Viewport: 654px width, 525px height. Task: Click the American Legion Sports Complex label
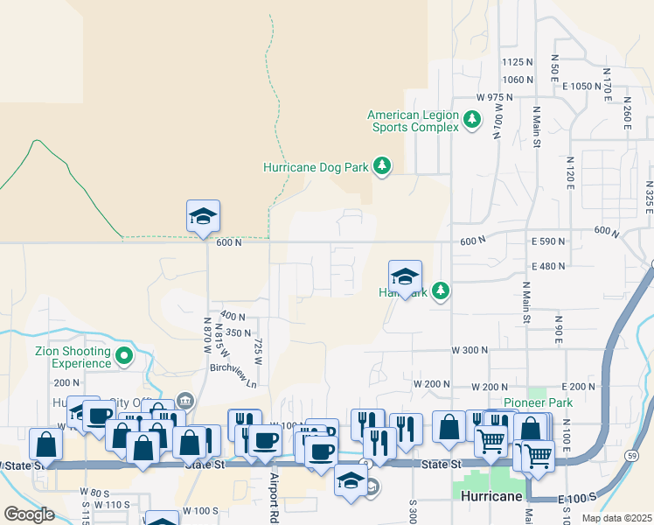point(413,121)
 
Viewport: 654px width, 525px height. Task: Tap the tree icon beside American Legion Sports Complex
point(472,118)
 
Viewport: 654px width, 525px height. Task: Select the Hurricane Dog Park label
point(316,166)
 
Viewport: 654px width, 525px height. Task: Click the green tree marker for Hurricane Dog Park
point(381,165)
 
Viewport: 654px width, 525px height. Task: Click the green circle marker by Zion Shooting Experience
point(124,356)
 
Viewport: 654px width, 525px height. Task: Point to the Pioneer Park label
point(536,403)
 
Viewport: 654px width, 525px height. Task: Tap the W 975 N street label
point(494,96)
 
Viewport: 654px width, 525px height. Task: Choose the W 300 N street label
point(470,350)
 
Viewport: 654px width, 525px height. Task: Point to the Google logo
point(29,514)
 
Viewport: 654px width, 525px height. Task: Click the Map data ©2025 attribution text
point(616,518)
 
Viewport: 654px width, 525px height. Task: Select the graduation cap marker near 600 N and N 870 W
point(203,217)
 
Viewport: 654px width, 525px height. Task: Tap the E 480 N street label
point(548,266)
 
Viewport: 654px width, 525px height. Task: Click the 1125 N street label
point(518,62)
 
